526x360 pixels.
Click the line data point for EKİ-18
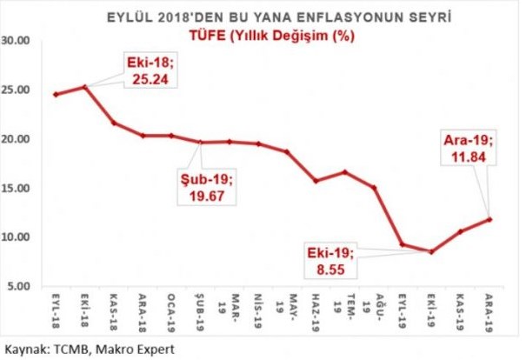(x=84, y=87)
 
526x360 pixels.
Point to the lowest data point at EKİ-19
(x=431, y=251)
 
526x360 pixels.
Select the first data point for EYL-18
(x=56, y=94)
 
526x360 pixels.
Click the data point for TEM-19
(x=345, y=172)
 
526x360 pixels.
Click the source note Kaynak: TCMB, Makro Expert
(x=90, y=349)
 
